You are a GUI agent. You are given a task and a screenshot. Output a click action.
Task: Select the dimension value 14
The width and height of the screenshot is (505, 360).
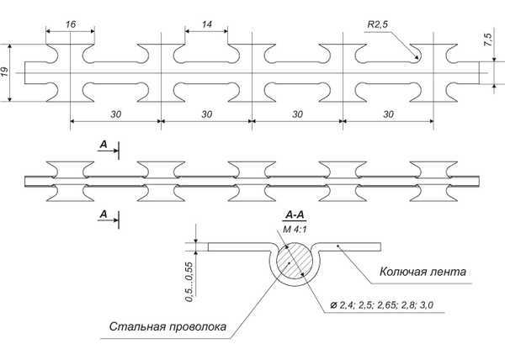click(205, 26)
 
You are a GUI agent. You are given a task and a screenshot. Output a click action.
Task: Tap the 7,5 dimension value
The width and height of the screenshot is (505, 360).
click(487, 40)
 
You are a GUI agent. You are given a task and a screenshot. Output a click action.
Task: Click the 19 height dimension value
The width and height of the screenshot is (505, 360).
click(8, 72)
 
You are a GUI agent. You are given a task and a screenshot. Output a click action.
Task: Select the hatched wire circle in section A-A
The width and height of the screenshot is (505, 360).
click(294, 261)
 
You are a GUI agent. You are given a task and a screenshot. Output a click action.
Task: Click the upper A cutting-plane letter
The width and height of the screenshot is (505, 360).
click(103, 145)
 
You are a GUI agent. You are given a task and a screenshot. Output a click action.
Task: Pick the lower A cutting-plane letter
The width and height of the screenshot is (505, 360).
click(103, 214)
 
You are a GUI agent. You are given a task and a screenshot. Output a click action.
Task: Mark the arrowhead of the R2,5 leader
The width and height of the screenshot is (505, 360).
click(417, 59)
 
